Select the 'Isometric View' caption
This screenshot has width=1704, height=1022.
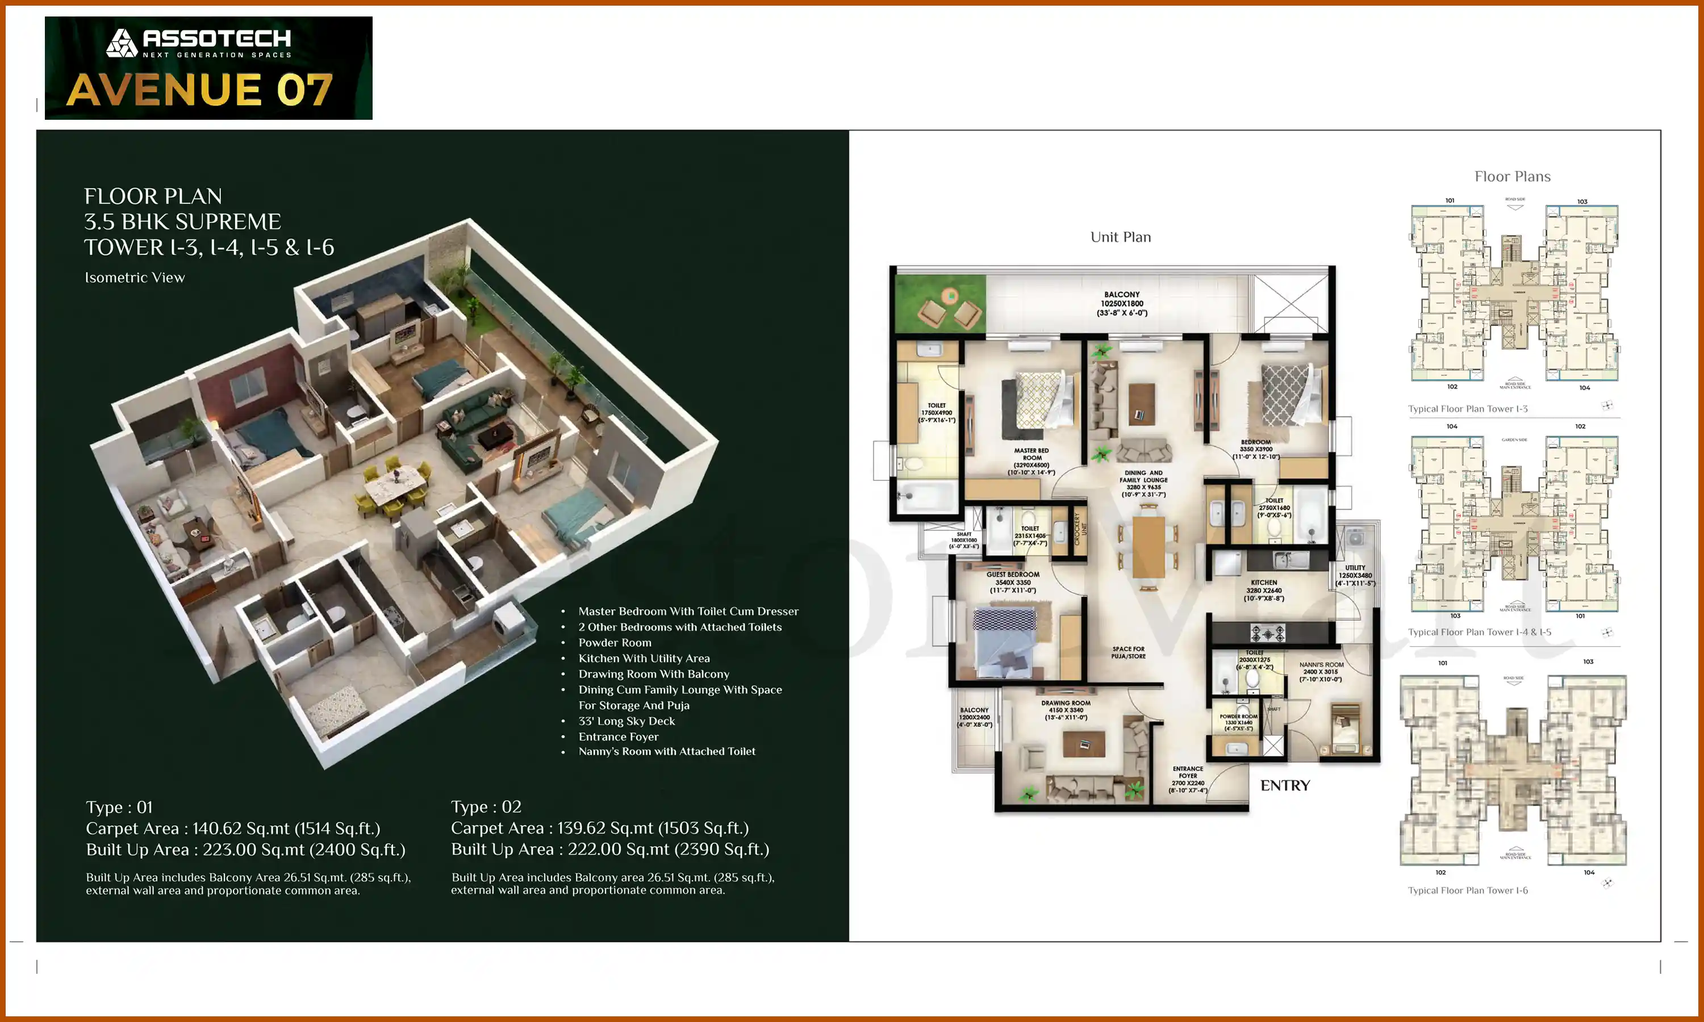[x=135, y=278]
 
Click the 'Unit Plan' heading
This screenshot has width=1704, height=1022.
[x=1121, y=237]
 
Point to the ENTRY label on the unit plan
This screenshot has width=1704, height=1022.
[x=1285, y=786]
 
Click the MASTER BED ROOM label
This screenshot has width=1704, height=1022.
[x=1031, y=455]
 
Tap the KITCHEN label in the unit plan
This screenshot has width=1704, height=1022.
[x=1264, y=583]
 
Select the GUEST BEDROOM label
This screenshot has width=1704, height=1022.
[x=1013, y=575]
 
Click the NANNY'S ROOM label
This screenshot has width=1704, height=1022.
[x=1321, y=665]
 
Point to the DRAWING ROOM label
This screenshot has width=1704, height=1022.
[x=1066, y=704]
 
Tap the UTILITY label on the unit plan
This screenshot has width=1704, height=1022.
[x=1355, y=568]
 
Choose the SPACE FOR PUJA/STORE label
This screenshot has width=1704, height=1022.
[x=1128, y=652]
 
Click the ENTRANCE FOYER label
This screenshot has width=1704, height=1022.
[x=1188, y=772]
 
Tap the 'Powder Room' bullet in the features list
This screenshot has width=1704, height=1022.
[x=615, y=643]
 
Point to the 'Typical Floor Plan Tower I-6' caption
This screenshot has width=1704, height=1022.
[x=1467, y=890]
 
